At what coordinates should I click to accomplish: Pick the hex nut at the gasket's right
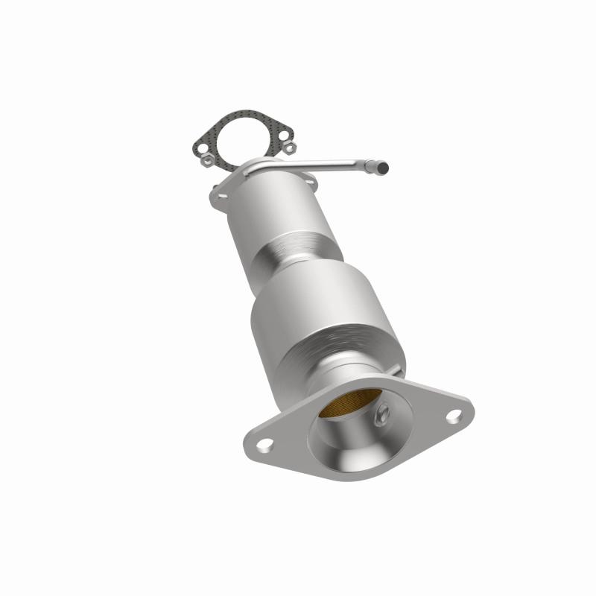click(289, 148)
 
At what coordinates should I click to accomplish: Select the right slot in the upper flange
click(308, 183)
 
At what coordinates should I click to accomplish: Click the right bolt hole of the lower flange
click(453, 416)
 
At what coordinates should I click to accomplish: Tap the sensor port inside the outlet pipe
click(381, 415)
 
